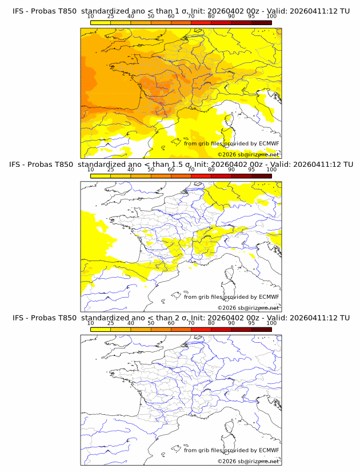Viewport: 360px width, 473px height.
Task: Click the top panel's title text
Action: [x=181, y=11]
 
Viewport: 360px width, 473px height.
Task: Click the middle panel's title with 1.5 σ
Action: [x=181, y=165]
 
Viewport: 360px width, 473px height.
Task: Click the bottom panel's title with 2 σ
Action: [x=181, y=318]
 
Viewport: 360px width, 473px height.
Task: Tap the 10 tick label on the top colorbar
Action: [x=91, y=17]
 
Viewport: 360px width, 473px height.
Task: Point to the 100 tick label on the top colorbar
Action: [x=271, y=17]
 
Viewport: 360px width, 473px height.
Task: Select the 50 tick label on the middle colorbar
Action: [x=151, y=170]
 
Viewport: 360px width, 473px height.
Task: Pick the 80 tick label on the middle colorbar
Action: [x=211, y=170]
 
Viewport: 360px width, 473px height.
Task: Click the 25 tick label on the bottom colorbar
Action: [x=111, y=323]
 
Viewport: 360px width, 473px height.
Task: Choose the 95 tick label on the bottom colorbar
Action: [x=251, y=323]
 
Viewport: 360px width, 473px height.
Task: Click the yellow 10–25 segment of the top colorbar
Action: [x=101, y=22]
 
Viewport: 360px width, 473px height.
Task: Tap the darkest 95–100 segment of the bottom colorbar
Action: [x=261, y=329]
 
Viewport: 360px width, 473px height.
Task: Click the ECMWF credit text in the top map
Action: [x=231, y=143]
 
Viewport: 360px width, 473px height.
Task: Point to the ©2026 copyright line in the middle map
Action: [x=248, y=307]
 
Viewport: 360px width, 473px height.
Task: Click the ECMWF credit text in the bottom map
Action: [x=231, y=450]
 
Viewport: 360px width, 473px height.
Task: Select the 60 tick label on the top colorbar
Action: [x=171, y=17]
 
